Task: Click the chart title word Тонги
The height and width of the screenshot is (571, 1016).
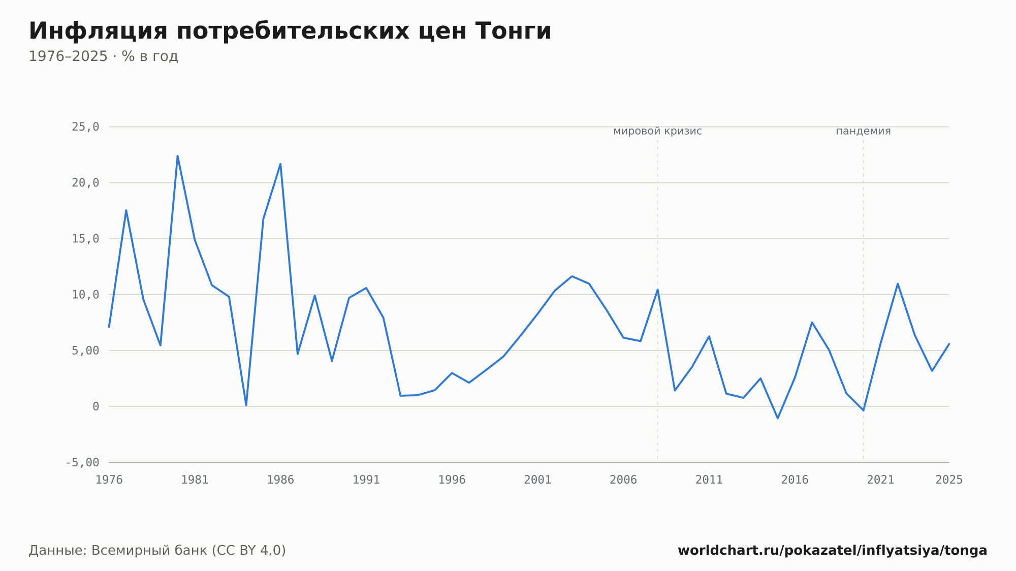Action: coord(514,31)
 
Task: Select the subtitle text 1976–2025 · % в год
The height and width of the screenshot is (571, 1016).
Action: coord(103,56)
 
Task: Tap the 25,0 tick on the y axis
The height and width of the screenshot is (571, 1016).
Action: coord(85,127)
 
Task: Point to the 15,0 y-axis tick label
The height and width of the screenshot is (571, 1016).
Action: coord(85,239)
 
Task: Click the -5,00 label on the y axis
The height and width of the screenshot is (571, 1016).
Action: coord(82,462)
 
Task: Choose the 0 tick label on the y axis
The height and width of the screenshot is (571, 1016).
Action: coord(96,406)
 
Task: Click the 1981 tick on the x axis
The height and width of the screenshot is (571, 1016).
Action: coord(195,480)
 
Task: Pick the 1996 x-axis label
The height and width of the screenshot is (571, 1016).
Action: coord(452,480)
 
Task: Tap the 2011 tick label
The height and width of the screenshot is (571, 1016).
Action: coord(709,480)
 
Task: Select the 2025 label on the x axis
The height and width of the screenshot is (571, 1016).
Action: coord(949,480)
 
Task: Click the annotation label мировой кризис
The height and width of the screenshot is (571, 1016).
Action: coord(657,131)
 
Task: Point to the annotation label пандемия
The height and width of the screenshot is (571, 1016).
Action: coord(863,131)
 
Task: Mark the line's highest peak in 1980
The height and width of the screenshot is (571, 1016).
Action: coord(177,156)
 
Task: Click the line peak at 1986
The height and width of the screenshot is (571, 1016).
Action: coord(280,164)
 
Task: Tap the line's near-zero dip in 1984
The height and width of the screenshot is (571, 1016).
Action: coord(246,405)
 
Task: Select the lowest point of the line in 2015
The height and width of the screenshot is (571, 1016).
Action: coord(778,418)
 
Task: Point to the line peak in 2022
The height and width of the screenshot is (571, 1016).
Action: coord(898,283)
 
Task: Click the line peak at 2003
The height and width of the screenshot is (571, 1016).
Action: coord(572,276)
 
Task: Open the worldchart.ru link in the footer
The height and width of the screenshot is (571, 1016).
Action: coord(832,551)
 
